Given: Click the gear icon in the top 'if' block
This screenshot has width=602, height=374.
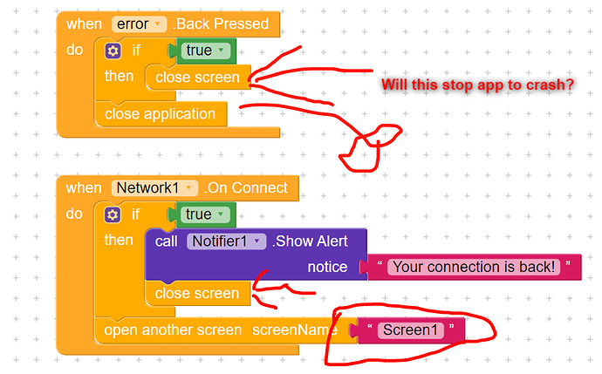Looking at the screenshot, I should pyautogui.click(x=113, y=51).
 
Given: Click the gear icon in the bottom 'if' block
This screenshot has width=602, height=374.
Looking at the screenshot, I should pyautogui.click(x=113, y=214).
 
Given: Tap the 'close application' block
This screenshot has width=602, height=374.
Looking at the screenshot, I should pyautogui.click(x=160, y=114).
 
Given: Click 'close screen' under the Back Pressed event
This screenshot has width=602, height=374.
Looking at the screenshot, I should pyautogui.click(x=197, y=78).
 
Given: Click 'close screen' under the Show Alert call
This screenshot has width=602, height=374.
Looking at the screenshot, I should pyautogui.click(x=197, y=294).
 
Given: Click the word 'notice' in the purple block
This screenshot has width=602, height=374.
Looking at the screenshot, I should pyautogui.click(x=327, y=267).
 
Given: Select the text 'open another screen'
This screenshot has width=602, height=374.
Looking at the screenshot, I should pyautogui.click(x=173, y=330).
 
